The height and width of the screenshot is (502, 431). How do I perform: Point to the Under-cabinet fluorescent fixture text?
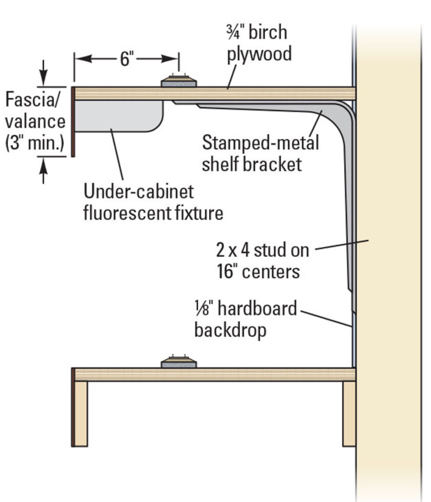153,202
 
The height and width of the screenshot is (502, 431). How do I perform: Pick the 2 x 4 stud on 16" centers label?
262,261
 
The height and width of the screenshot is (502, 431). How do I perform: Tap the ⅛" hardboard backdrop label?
245,319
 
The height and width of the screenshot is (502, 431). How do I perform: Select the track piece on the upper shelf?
179,82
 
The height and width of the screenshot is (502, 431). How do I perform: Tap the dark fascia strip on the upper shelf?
72,122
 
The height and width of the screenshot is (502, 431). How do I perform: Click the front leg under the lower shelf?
80,413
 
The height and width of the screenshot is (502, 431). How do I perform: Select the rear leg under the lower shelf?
349,413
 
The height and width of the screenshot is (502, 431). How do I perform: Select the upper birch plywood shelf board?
214,93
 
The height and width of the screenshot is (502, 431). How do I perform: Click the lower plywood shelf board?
214,374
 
